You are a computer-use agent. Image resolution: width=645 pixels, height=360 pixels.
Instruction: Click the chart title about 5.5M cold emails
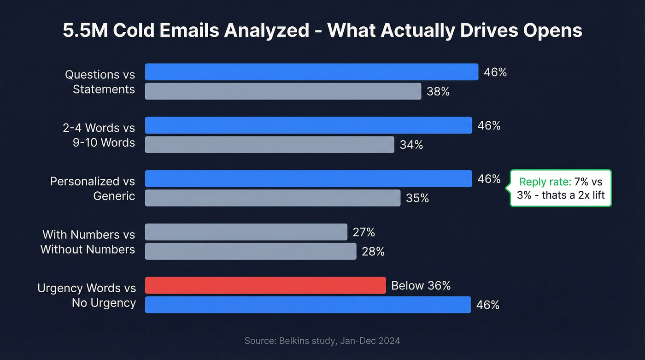coord(322,30)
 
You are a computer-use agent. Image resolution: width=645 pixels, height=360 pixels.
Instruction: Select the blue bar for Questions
coord(311,72)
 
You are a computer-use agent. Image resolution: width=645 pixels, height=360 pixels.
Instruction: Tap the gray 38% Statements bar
coord(283,91)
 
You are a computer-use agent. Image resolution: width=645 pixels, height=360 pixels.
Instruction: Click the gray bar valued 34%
coord(270,145)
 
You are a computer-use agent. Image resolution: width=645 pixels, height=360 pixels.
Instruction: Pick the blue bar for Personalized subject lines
coord(308,179)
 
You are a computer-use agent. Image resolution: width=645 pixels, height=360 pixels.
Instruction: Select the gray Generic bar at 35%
coord(273,198)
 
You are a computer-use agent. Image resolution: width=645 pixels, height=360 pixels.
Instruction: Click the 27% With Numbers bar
coord(246,232)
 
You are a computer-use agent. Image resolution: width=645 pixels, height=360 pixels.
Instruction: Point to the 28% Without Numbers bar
coord(251,251)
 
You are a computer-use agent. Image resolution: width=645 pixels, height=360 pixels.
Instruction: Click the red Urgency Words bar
coord(265,285)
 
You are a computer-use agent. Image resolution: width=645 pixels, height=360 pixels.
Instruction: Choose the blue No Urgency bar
coord(308,305)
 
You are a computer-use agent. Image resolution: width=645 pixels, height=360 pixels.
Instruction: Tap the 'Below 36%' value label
coord(421,286)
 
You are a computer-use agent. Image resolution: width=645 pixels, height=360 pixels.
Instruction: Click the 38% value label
coord(438,92)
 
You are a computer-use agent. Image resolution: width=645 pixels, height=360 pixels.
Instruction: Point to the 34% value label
coord(411,145)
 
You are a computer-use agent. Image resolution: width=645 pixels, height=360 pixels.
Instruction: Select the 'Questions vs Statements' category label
coord(100,82)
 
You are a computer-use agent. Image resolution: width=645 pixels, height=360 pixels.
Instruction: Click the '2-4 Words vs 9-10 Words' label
coord(99,135)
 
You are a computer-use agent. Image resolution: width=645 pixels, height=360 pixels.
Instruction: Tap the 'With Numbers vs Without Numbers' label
coord(88,242)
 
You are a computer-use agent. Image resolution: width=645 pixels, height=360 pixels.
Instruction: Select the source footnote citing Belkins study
coord(322,341)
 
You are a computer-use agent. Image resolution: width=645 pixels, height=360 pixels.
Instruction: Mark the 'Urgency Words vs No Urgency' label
coord(87,295)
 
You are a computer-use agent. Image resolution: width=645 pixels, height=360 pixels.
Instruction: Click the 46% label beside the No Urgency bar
coord(488,305)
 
